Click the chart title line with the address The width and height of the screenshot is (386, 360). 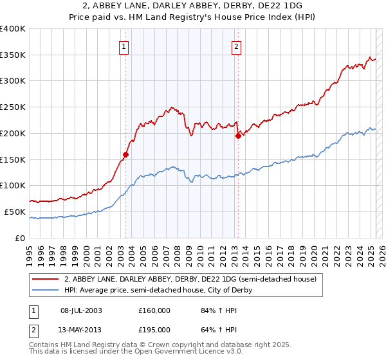(193, 6)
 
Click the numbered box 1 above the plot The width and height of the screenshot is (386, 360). (123, 46)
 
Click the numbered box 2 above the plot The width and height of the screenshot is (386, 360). (237, 46)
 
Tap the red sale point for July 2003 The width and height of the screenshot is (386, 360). (126, 154)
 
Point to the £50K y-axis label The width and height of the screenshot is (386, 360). (14, 212)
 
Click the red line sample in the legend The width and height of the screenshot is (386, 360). (46, 280)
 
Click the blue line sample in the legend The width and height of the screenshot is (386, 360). (46, 290)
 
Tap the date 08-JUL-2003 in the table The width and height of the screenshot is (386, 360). (81, 310)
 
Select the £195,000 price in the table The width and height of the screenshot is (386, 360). (154, 329)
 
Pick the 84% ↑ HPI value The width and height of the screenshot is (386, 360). (210, 310)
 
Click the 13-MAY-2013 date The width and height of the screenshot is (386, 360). (81, 329)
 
